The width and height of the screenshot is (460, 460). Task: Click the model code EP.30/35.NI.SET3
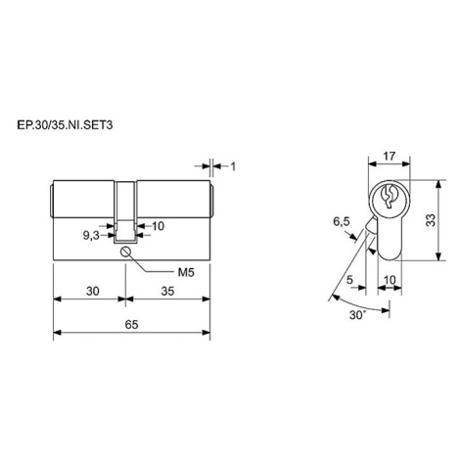(x=65, y=125)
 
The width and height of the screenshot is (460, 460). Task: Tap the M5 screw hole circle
(x=125, y=252)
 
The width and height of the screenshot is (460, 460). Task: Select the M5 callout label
(x=186, y=272)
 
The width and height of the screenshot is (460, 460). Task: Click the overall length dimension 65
(x=131, y=324)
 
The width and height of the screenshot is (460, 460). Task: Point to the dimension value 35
(x=167, y=291)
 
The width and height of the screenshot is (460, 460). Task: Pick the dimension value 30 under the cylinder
(x=93, y=291)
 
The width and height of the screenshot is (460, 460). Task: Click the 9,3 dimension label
(x=91, y=236)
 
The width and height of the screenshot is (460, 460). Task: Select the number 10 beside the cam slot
(x=159, y=226)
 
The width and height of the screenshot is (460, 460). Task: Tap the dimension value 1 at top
(x=233, y=166)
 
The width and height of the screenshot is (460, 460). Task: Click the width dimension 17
(x=390, y=157)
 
